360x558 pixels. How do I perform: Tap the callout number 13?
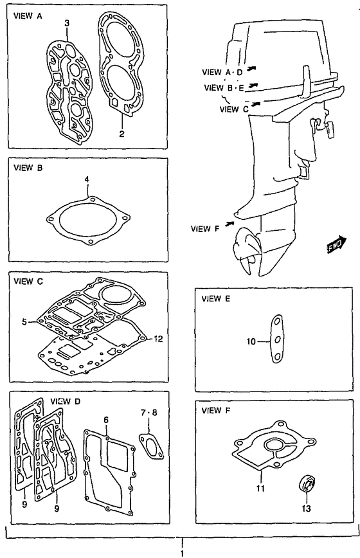[x=306, y=508]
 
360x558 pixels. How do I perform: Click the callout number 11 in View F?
[x=261, y=489]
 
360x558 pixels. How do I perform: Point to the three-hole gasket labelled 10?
[x=277, y=339]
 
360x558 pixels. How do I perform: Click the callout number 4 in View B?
[x=86, y=179]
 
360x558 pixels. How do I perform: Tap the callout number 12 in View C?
[x=158, y=339]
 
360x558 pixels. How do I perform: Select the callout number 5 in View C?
[x=24, y=322]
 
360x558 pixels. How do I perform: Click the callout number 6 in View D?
[x=106, y=420]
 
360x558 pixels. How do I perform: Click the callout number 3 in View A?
[x=67, y=24]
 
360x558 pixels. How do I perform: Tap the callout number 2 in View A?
[x=122, y=134]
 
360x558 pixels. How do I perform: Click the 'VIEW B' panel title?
[x=28, y=168]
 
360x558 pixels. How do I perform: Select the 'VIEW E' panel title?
[x=215, y=298]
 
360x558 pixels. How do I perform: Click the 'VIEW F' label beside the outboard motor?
[x=205, y=228]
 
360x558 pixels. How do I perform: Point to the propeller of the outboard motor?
[x=246, y=253]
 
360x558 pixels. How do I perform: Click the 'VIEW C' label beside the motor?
[x=234, y=109]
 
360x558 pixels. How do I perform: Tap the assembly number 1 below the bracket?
[x=182, y=553]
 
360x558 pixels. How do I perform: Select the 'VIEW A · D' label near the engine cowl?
[x=222, y=72]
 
